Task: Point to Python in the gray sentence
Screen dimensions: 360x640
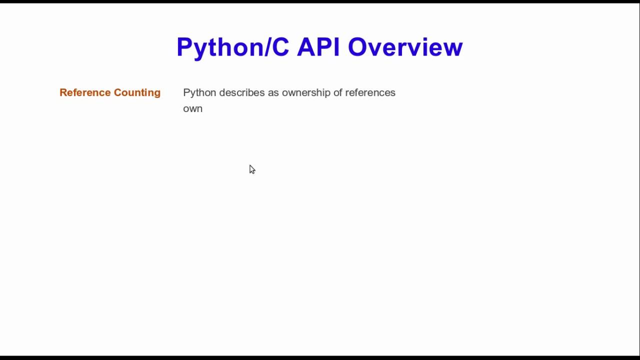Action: pyautogui.click(x=199, y=93)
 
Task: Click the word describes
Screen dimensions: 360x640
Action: pyautogui.click(x=242, y=92)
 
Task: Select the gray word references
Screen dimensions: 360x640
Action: pyautogui.click(x=370, y=92)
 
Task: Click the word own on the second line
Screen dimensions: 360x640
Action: pyautogui.click(x=192, y=108)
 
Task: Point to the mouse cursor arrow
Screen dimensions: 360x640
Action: pyautogui.click(x=251, y=169)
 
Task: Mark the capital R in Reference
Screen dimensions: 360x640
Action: pyautogui.click(x=63, y=92)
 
